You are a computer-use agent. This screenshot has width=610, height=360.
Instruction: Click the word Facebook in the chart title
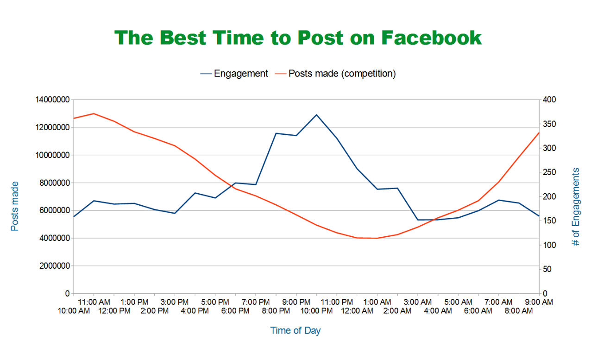pyautogui.click(x=432, y=38)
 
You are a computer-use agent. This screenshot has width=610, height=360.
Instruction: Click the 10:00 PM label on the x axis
pyautogui.click(x=316, y=311)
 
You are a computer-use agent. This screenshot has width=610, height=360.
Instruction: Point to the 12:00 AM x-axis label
pyautogui.click(x=357, y=311)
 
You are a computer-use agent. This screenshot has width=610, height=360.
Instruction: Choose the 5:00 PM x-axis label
pyautogui.click(x=215, y=302)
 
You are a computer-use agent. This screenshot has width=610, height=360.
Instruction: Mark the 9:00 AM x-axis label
pyautogui.click(x=539, y=302)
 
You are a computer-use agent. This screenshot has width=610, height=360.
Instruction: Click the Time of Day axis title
pyautogui.click(x=295, y=331)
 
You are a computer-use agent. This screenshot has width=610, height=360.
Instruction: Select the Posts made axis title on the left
pyautogui.click(x=15, y=206)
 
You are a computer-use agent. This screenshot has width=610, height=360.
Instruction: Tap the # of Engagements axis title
pyautogui.click(x=576, y=207)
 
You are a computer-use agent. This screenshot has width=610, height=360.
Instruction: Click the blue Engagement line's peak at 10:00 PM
pyautogui.click(x=316, y=114)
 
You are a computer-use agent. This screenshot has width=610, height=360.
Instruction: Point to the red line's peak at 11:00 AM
pyautogui.click(x=94, y=114)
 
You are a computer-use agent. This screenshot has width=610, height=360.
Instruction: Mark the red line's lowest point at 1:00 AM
pyautogui.click(x=377, y=238)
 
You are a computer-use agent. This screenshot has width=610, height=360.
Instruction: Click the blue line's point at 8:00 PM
pyautogui.click(x=276, y=133)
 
